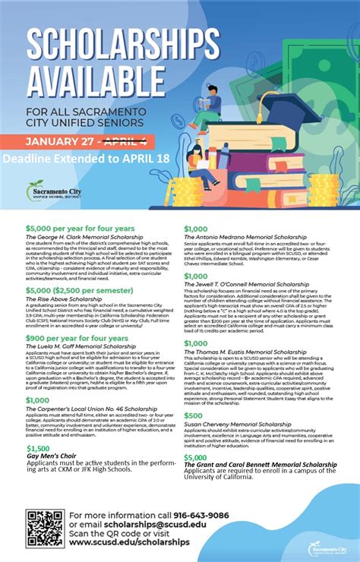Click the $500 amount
coord(193,415)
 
